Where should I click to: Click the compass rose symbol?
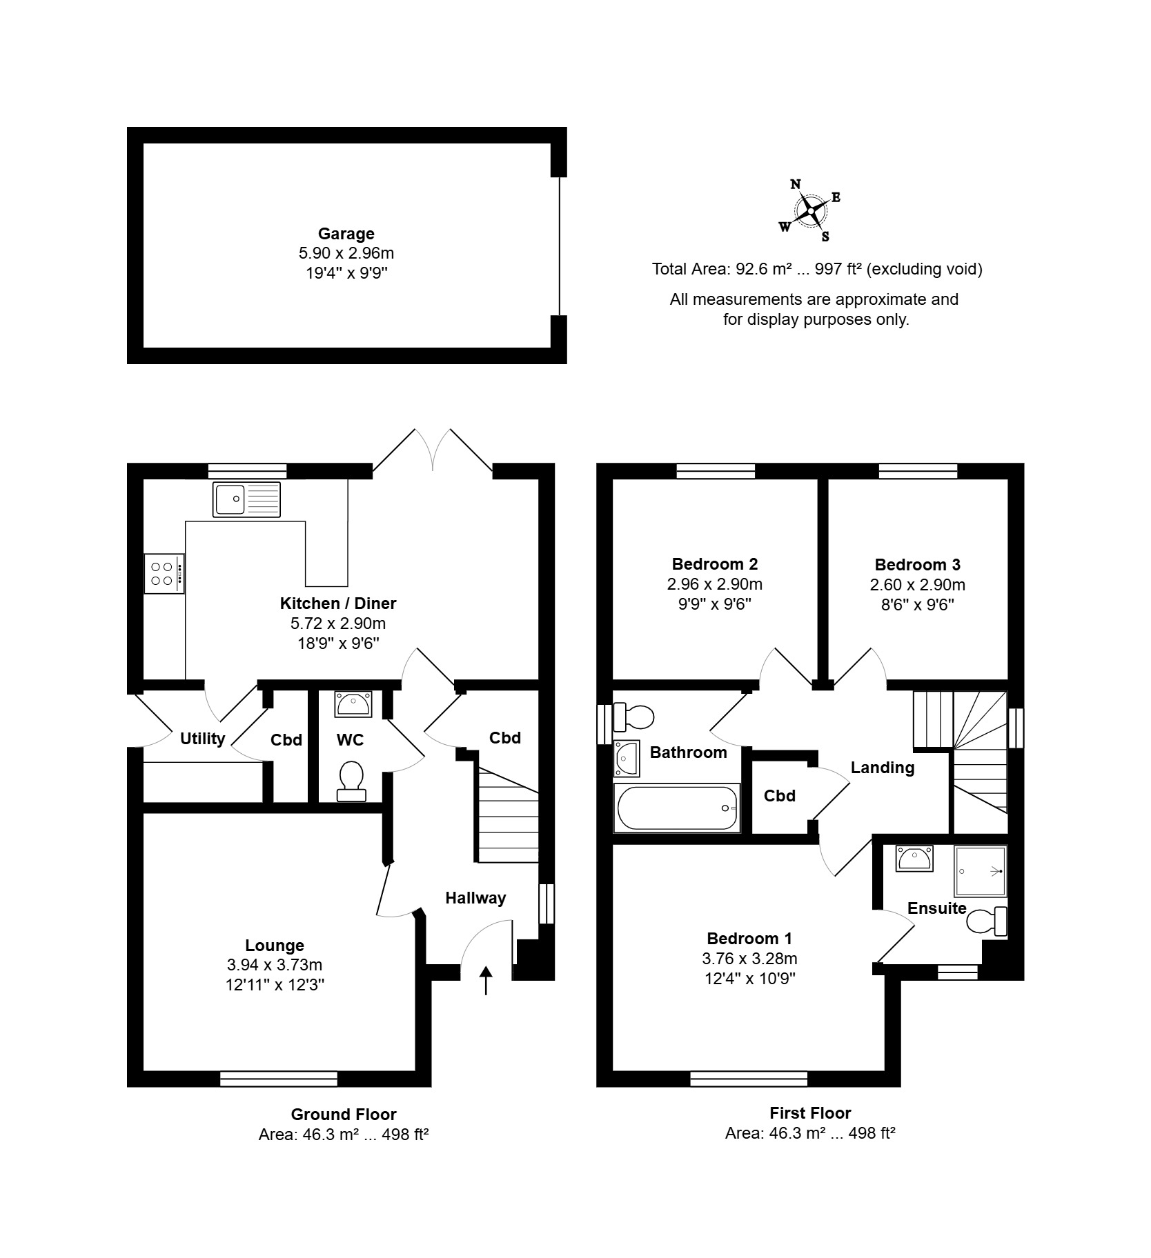click(x=811, y=210)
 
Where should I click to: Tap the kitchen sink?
click(x=247, y=499)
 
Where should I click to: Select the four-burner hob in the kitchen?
click(x=164, y=573)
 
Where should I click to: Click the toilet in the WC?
click(x=351, y=781)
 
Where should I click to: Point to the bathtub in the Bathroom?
click(x=677, y=808)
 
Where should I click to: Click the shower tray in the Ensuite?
click(x=981, y=871)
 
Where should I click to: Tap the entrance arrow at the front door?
click(x=486, y=980)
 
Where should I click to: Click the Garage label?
click(x=346, y=234)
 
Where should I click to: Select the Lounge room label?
click(x=275, y=946)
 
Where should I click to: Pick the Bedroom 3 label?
click(x=918, y=565)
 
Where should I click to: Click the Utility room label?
click(x=203, y=739)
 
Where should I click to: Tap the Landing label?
click(x=883, y=768)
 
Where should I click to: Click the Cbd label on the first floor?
click(x=780, y=796)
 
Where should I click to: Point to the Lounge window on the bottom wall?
click(x=279, y=1079)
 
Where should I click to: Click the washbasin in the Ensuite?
click(x=914, y=859)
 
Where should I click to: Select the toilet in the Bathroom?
click(x=633, y=717)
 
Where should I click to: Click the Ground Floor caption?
click(x=344, y=1114)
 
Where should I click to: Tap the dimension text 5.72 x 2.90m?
click(x=338, y=624)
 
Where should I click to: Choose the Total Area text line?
click(x=817, y=269)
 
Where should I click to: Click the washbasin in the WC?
click(x=354, y=704)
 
